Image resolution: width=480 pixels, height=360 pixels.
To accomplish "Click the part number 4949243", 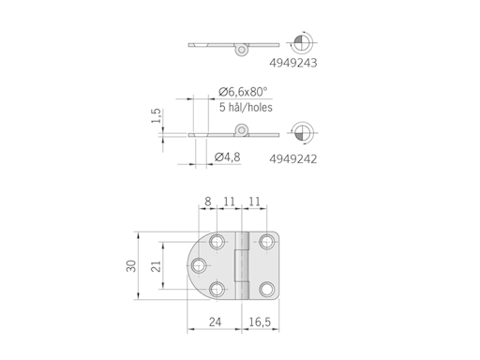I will (293, 66).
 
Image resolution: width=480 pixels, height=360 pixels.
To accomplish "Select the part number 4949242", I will (293, 158).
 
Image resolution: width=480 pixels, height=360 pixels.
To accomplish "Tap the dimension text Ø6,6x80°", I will (243, 91).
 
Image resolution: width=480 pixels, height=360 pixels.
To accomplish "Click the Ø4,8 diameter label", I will (229, 157).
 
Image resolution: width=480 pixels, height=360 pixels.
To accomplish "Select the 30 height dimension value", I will (130, 266).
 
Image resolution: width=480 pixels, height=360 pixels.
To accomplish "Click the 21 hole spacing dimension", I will (155, 266).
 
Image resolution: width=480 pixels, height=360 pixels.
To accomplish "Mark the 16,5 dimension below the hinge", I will (262, 322).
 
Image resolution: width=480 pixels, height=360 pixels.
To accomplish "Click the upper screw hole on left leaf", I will (218, 242).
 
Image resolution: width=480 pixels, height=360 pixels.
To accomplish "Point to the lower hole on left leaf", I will (218, 290).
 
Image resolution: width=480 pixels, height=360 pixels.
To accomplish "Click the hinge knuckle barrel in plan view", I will (242, 265).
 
